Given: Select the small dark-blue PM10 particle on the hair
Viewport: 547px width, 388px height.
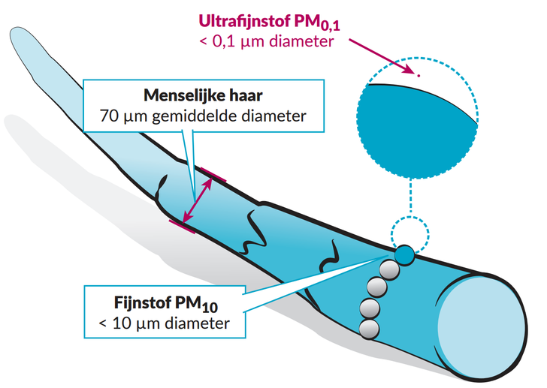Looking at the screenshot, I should (x=405, y=254).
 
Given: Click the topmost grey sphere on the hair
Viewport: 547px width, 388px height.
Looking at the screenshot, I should (x=388, y=270).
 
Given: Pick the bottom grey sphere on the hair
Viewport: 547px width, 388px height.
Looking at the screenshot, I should (x=368, y=327).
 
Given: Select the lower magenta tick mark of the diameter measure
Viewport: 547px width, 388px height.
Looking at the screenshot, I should (x=180, y=224).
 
